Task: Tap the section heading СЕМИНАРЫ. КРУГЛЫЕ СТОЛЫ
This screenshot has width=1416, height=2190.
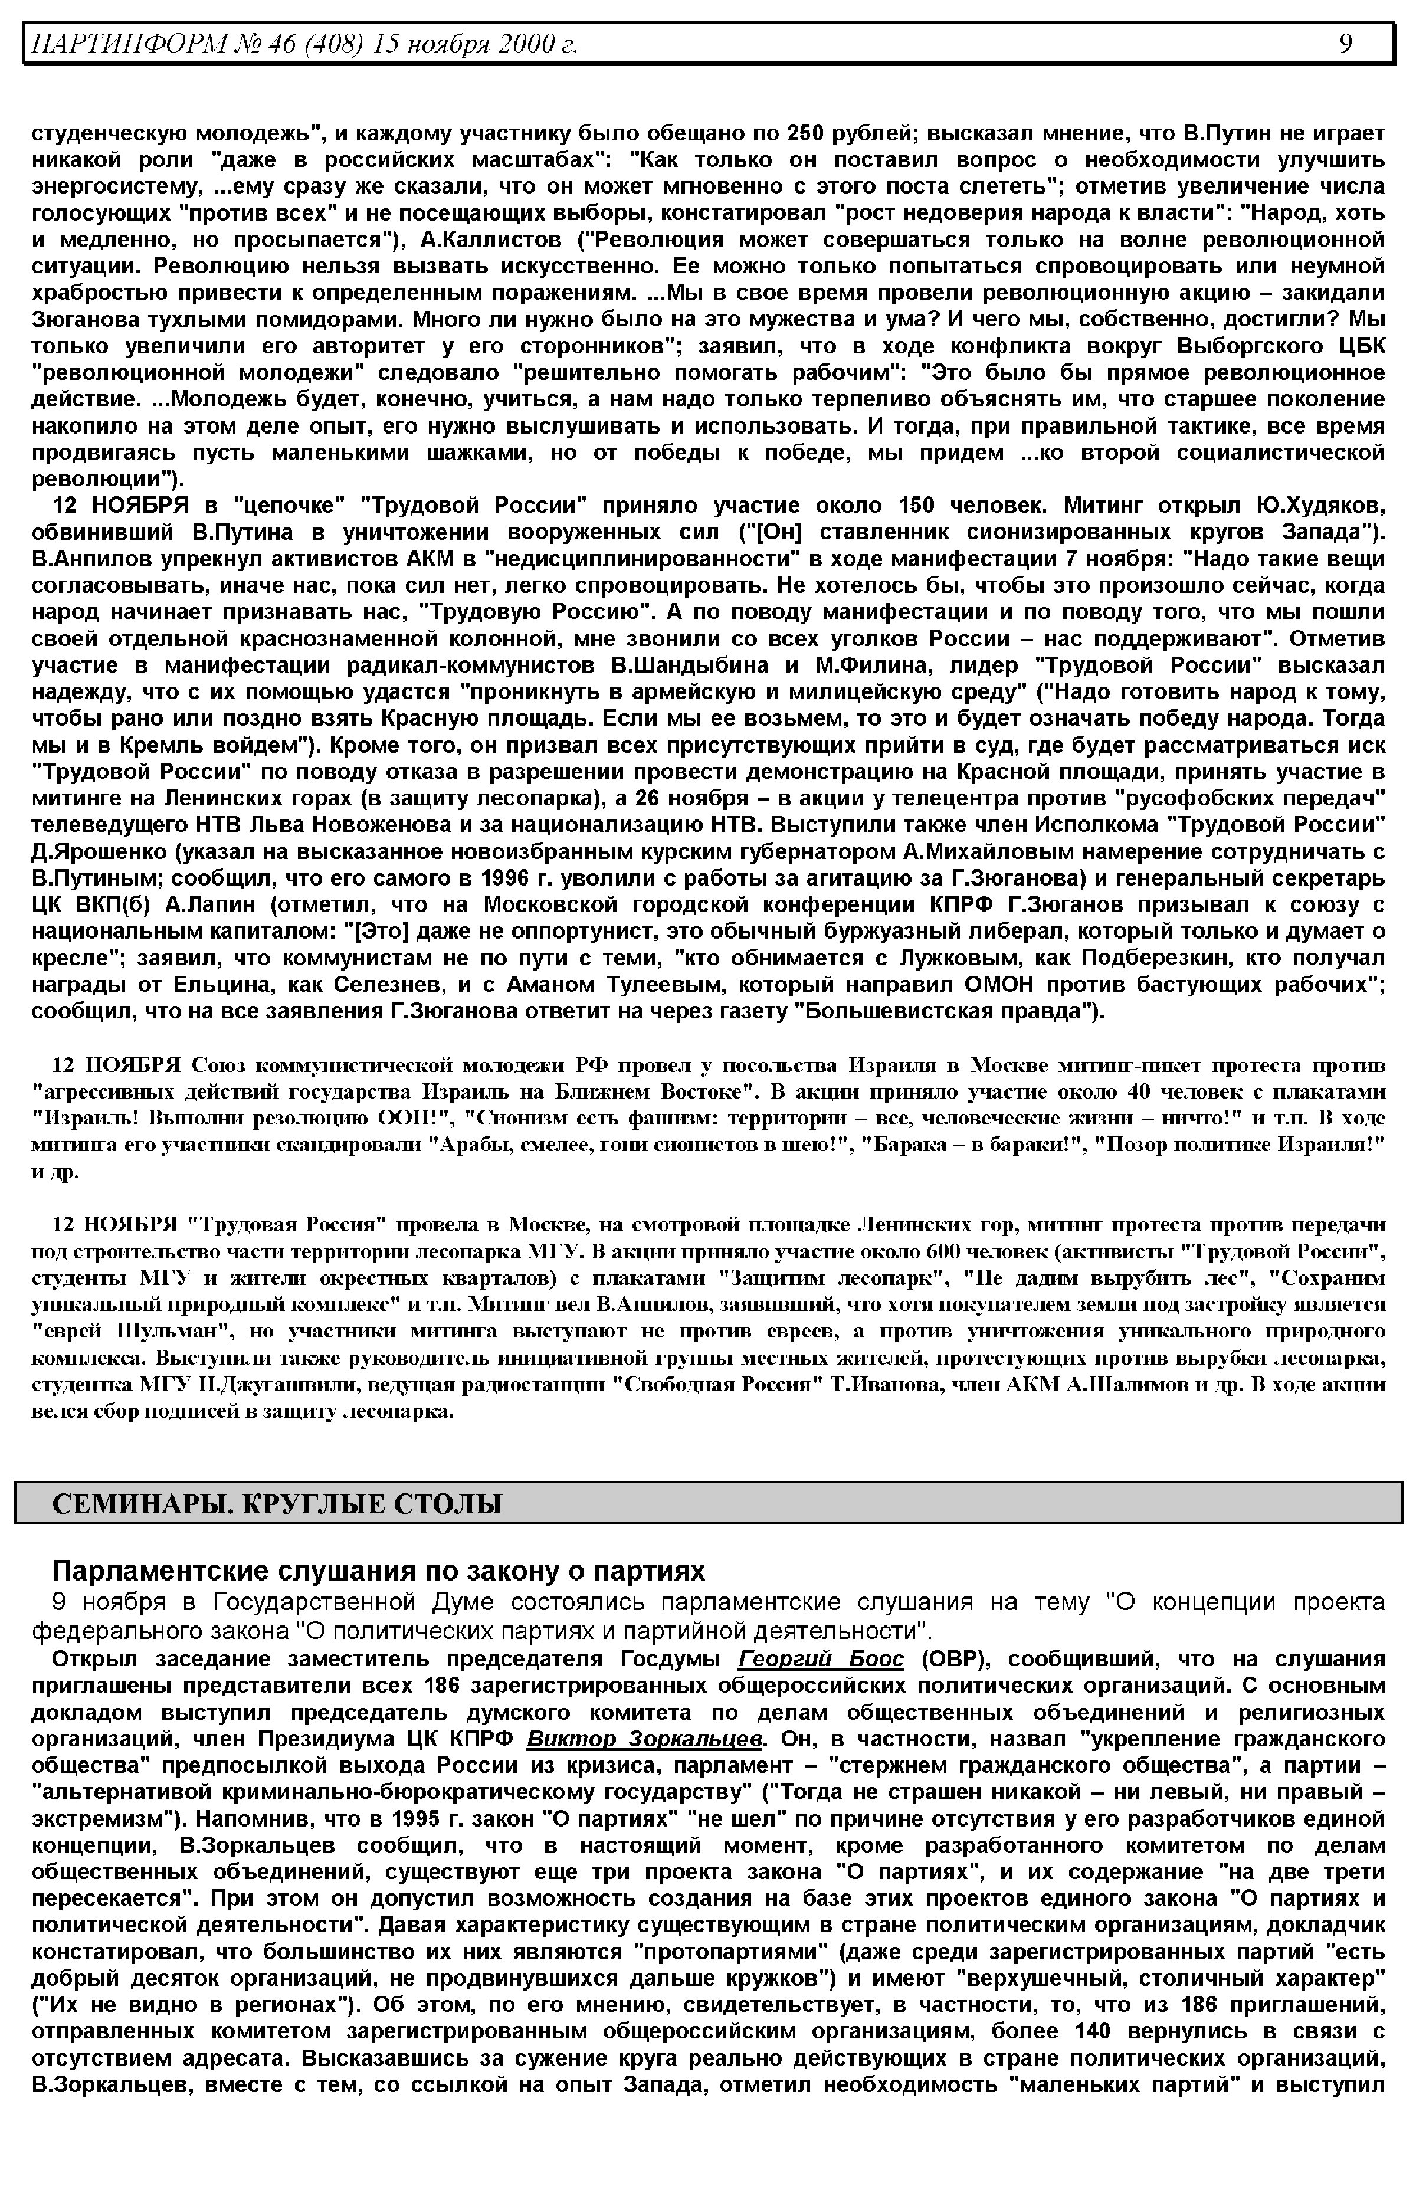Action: [277, 1504]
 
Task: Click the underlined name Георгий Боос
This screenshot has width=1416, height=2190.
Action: [821, 1658]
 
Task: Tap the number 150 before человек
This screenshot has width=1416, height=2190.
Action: [915, 506]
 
